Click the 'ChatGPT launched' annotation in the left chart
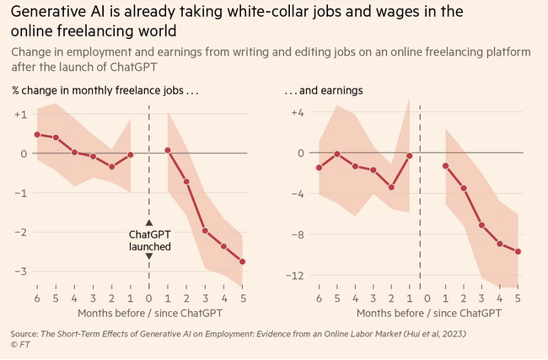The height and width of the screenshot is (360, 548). tap(149, 240)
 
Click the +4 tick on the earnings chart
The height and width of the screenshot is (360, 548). tap(298, 113)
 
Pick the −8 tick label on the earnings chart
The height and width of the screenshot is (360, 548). tap(298, 234)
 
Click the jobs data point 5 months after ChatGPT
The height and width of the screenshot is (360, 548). tap(243, 261)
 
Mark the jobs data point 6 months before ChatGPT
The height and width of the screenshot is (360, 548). tap(37, 134)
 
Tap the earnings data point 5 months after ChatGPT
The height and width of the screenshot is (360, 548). tap(517, 251)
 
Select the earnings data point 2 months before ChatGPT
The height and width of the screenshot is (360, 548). tap(392, 186)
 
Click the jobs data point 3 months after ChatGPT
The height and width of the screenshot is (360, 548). tap(205, 230)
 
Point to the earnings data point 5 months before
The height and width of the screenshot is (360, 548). tap(337, 154)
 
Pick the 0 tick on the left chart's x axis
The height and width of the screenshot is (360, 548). tap(149, 298)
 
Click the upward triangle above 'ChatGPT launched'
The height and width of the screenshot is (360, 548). tap(149, 221)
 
